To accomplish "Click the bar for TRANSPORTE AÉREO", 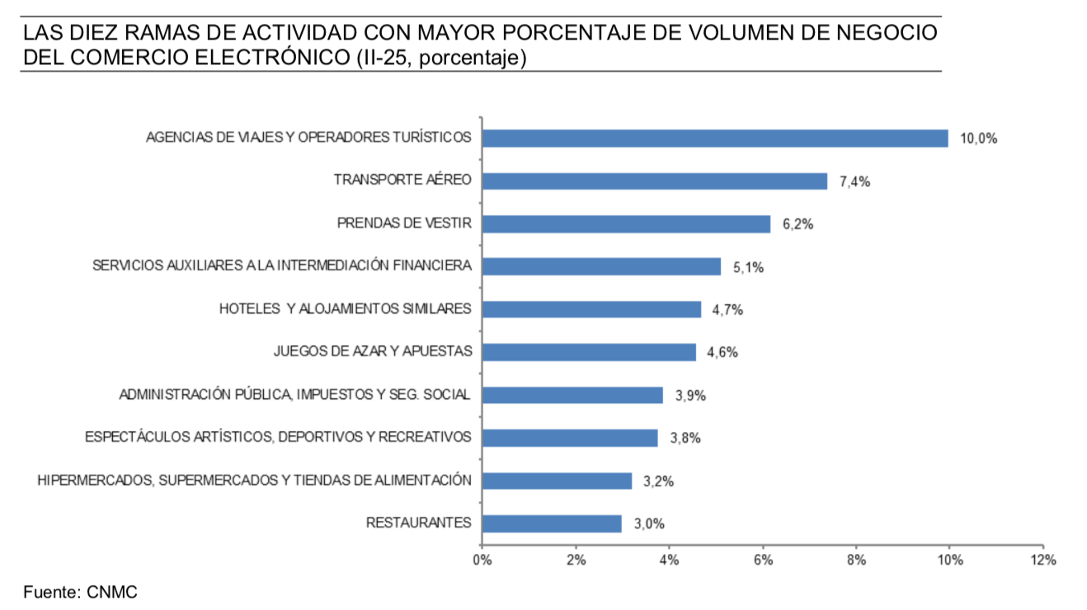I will pyautogui.click(x=654, y=181).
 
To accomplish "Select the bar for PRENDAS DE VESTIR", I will pyautogui.click(x=626, y=224).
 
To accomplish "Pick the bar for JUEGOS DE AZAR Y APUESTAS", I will pyautogui.click(x=589, y=352).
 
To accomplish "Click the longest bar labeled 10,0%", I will pyautogui.click(x=714, y=138).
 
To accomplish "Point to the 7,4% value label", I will pyautogui.click(x=854, y=182).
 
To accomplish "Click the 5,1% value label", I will pyautogui.click(x=748, y=267).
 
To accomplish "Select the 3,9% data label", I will pyautogui.click(x=690, y=396).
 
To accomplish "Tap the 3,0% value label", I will pyautogui.click(x=648, y=524).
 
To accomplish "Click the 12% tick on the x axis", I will pyautogui.click(x=1042, y=561).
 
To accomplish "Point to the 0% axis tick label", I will pyautogui.click(x=482, y=561).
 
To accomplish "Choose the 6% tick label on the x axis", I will pyautogui.click(x=763, y=561).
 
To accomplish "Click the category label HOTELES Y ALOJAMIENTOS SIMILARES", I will pyautogui.click(x=345, y=309).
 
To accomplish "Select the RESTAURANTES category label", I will pyautogui.click(x=418, y=523).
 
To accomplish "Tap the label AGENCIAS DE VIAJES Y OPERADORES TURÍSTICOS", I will pyautogui.click(x=308, y=138).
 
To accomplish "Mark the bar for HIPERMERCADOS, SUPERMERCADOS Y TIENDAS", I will pyautogui.click(x=557, y=481).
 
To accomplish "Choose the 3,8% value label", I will pyautogui.click(x=685, y=439).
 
